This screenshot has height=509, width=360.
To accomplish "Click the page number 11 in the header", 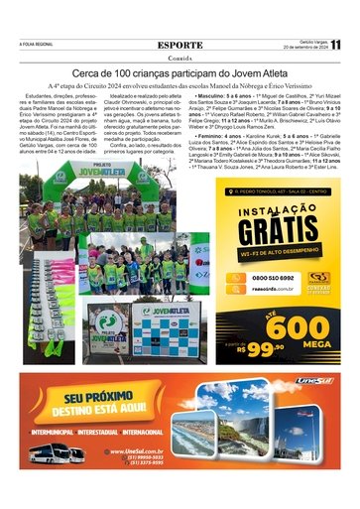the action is point(336,45).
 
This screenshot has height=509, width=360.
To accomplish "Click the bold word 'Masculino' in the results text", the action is point(217,95).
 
